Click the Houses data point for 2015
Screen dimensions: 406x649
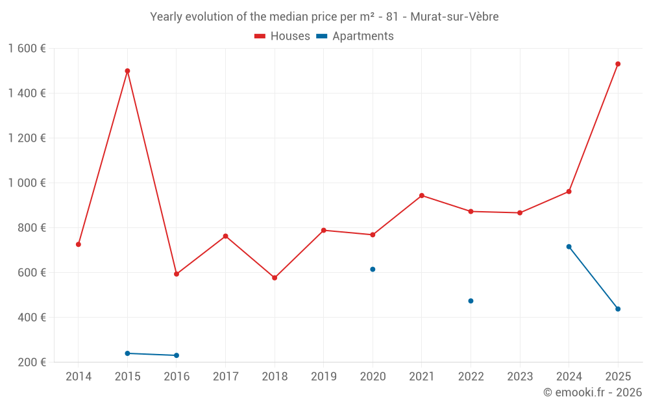(x=127, y=71)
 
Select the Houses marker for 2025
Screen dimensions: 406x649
(x=618, y=64)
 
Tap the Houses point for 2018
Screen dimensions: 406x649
(x=275, y=277)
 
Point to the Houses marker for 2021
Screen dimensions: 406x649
(x=422, y=196)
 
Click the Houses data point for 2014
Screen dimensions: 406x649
(x=79, y=244)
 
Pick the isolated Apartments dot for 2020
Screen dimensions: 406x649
(x=373, y=269)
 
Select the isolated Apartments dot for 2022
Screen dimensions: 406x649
(x=471, y=301)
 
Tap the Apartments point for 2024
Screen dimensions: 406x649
(x=569, y=246)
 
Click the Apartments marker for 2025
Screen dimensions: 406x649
(x=618, y=309)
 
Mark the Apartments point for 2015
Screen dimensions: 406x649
(x=127, y=353)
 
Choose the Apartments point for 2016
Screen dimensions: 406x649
(x=177, y=355)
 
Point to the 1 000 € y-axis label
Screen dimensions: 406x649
(x=27, y=183)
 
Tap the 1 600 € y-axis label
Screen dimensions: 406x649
(x=27, y=48)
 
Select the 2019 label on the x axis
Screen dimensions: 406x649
(x=324, y=377)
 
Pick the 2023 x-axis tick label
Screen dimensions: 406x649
(x=520, y=377)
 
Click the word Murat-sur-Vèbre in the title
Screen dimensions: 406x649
(x=454, y=17)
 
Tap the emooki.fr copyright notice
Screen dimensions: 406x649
(x=592, y=392)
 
